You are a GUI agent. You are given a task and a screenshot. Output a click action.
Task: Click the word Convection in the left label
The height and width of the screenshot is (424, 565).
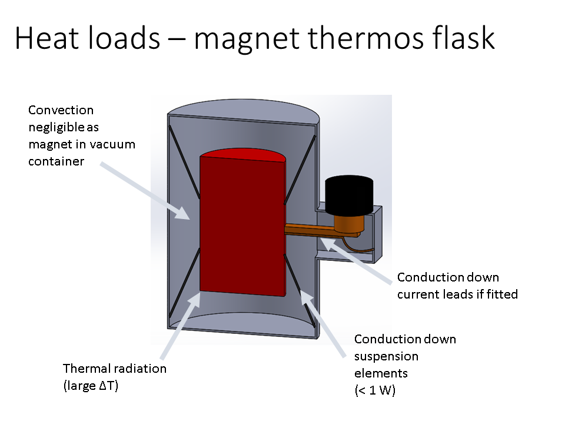click(x=61, y=110)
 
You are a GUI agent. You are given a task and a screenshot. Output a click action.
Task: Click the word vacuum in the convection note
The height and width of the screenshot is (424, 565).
click(x=115, y=144)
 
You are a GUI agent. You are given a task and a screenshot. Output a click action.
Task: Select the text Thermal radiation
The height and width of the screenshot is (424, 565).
click(x=115, y=369)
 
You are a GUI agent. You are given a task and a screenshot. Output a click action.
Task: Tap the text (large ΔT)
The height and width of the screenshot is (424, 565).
click(x=91, y=387)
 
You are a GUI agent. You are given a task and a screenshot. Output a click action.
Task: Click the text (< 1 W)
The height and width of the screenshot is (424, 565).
click(x=375, y=390)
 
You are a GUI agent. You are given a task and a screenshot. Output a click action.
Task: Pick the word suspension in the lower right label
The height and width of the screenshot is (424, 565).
click(x=386, y=356)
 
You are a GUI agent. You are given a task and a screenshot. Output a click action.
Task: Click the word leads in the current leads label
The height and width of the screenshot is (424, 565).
click(x=461, y=294)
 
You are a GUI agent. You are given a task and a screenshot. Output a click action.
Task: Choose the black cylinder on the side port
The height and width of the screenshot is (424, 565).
click(x=350, y=193)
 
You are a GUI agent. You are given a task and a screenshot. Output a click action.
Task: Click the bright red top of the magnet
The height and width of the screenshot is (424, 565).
click(x=242, y=155)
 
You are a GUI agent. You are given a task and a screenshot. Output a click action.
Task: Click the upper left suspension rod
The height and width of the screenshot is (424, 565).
click(x=184, y=161)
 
